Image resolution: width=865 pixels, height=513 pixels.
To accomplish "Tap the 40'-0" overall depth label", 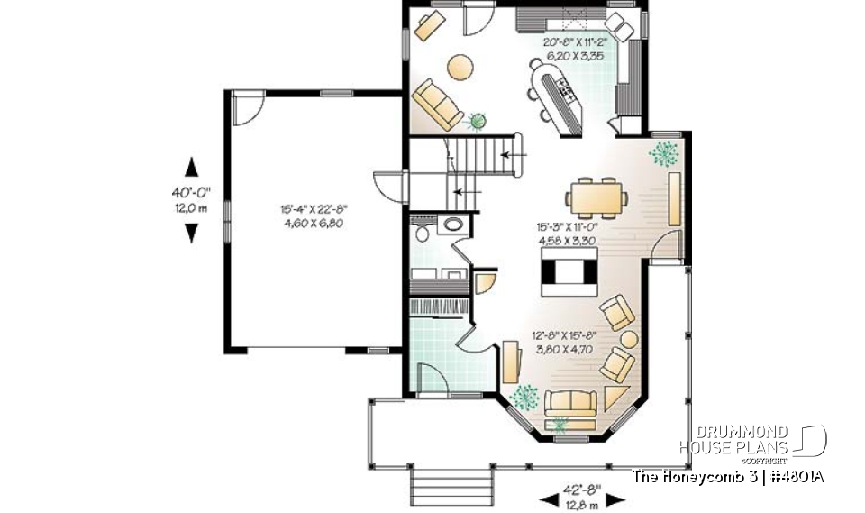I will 191,192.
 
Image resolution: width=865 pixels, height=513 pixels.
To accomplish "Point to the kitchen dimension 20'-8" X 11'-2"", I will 572,42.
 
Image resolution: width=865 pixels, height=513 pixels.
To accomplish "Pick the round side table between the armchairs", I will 629,340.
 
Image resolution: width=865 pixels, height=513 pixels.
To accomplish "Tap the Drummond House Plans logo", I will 751,441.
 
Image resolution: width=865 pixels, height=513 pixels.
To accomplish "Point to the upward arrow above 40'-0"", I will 191,167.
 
